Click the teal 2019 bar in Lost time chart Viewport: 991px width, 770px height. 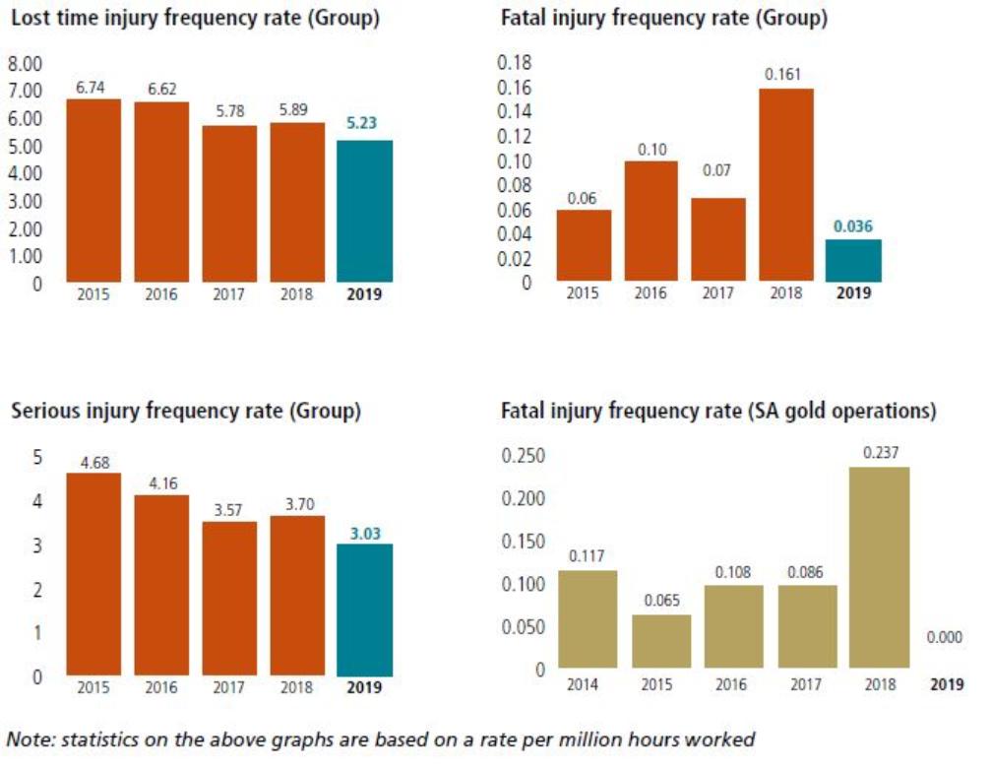tap(364, 212)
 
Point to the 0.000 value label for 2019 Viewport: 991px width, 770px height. tap(945, 638)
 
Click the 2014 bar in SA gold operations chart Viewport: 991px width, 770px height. tap(588, 619)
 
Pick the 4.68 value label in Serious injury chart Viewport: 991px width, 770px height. tap(93, 461)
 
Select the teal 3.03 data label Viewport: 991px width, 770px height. tap(364, 533)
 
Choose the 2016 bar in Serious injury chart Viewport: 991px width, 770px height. tap(161, 586)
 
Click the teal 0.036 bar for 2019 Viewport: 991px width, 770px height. tap(853, 261)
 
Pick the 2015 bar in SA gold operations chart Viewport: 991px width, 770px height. tap(661, 642)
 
